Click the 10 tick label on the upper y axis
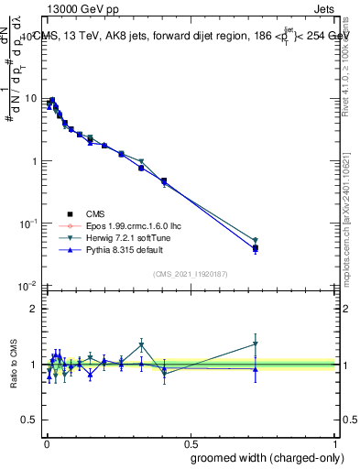pos(29,98)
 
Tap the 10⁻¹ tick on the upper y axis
pos(28,224)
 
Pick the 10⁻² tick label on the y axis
pos(28,286)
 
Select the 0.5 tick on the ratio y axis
pos(30,420)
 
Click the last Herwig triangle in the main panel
pos(256,241)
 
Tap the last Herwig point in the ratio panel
pos(256,344)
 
